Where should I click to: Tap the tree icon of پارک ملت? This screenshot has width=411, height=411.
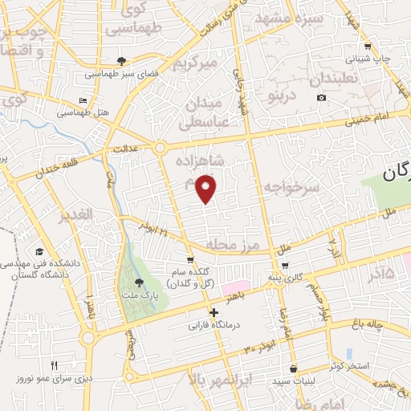point(140,283)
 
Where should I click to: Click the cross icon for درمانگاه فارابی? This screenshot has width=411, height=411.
point(214,313)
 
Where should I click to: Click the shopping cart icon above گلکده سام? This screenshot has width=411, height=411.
point(190,259)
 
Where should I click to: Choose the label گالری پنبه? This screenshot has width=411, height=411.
point(287,278)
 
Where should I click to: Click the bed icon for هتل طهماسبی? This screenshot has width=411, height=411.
point(83,101)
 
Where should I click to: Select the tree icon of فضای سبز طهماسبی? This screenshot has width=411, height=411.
point(122,60)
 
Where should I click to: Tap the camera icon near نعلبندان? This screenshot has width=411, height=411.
point(321,98)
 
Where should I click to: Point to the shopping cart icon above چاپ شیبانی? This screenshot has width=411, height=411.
point(368,46)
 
